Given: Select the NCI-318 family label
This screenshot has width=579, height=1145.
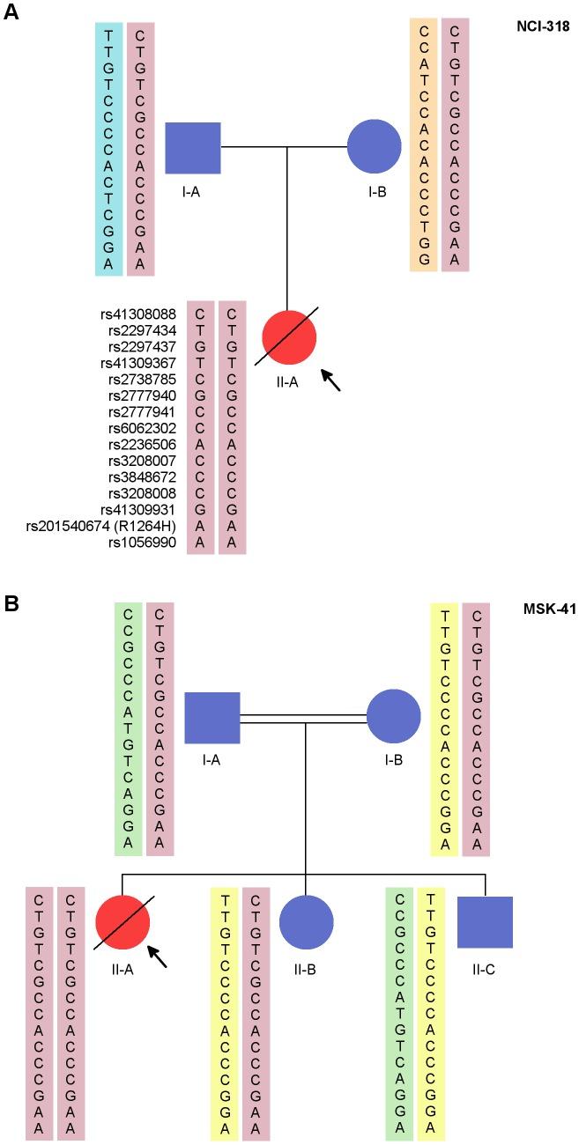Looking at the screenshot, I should [x=543, y=27].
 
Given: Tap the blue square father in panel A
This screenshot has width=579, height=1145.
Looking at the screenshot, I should [x=193, y=148].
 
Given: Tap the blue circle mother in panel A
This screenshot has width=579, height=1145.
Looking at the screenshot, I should [x=375, y=147].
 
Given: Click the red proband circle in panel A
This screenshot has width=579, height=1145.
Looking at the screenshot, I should [x=289, y=336].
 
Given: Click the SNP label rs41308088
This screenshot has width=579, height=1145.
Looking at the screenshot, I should [x=141, y=314].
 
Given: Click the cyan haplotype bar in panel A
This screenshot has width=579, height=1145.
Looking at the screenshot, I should [x=109, y=148].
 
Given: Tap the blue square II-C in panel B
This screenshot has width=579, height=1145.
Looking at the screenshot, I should [x=485, y=922].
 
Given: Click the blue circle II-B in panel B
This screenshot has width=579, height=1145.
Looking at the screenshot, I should [x=306, y=922].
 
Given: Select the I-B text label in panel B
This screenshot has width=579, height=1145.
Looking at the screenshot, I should [x=393, y=760].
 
